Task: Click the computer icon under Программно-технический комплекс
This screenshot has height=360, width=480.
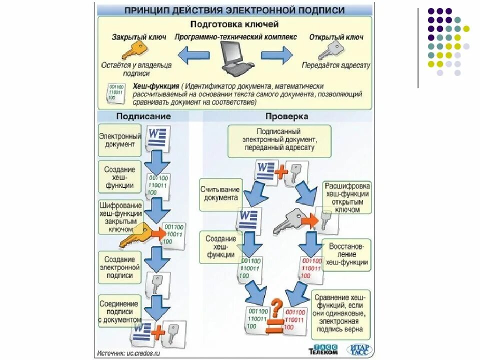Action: point(236,56)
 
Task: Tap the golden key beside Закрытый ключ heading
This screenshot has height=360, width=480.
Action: point(133,50)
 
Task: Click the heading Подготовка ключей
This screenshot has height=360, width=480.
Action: point(234,24)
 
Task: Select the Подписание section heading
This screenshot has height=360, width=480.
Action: point(143,116)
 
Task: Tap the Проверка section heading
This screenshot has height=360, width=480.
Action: point(286,116)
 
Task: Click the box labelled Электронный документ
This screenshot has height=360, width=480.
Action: point(120,140)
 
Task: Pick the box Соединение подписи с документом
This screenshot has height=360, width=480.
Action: point(120,311)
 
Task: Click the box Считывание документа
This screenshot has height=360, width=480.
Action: point(220,193)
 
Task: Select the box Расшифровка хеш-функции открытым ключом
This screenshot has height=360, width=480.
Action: point(347,197)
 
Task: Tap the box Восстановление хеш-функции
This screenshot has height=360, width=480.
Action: point(346,254)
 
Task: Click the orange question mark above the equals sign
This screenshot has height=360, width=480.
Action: point(277,304)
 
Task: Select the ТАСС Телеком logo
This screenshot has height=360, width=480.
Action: point(323,349)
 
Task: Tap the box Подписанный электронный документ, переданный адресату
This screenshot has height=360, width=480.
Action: point(279,141)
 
